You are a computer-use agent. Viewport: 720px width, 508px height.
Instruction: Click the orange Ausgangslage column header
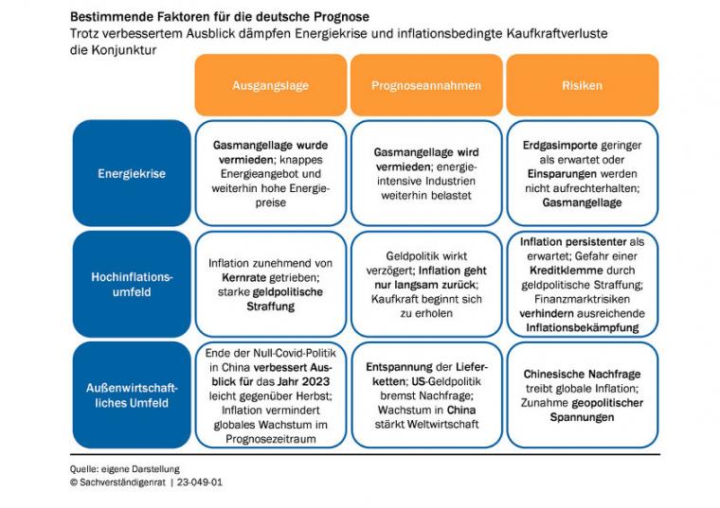click(270, 85)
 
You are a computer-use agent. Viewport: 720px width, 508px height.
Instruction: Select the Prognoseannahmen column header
click(426, 85)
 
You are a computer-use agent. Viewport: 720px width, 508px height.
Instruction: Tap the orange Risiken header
click(583, 85)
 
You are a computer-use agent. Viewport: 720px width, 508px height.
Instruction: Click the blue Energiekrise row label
click(132, 173)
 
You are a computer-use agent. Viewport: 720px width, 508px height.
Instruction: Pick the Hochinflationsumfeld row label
click(132, 284)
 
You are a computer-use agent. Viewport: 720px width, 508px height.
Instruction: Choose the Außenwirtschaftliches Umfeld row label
click(132, 395)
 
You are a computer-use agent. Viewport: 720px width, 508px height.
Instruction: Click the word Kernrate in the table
click(243, 278)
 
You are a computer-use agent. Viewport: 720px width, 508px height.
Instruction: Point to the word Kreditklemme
click(559, 271)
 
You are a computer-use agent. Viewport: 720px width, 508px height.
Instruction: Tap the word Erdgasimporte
click(552, 146)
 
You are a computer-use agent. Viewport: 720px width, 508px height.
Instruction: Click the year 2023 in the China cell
click(315, 381)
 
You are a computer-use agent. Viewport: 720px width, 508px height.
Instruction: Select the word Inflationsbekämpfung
click(583, 328)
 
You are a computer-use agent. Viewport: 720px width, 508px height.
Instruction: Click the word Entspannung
click(399, 367)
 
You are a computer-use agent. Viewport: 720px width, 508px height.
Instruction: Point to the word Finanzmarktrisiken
click(582, 299)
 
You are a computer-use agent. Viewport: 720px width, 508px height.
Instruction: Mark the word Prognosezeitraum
click(270, 439)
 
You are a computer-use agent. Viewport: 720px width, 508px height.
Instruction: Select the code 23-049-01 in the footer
click(199, 482)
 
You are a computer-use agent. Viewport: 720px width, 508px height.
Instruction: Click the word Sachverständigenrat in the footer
click(122, 482)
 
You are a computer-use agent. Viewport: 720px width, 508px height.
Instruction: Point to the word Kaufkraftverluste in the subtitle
click(557, 34)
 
